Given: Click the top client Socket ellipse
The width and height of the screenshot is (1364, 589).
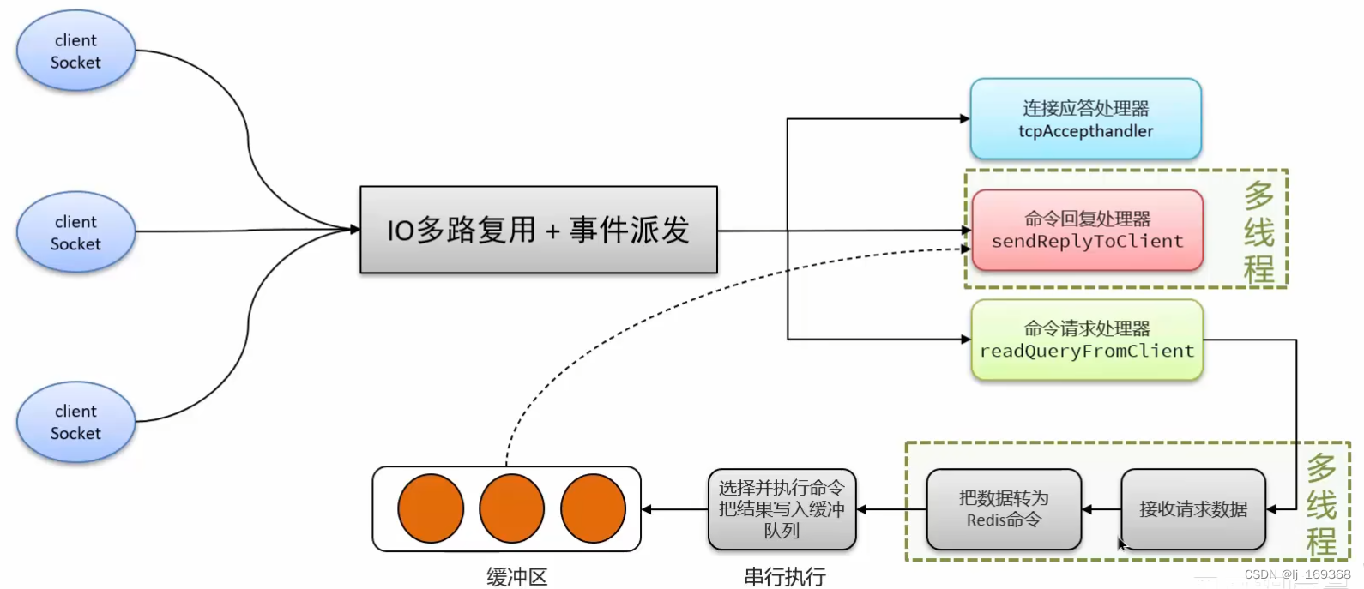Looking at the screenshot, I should [75, 51].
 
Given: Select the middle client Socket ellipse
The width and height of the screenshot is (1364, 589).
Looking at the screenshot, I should [75, 232].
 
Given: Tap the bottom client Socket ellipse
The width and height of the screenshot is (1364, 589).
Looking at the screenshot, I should [75, 422].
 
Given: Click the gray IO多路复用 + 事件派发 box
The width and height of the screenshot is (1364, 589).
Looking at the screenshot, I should [538, 230].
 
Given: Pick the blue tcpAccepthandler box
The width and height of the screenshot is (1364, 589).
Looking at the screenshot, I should [1085, 119].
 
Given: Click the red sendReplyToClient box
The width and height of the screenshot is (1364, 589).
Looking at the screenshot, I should [1087, 230].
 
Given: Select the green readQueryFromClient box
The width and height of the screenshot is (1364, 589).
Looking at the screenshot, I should [1087, 340].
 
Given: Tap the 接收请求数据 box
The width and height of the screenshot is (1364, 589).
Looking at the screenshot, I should [1192, 509].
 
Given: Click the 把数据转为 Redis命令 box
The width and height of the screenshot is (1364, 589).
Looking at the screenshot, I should [1004, 509].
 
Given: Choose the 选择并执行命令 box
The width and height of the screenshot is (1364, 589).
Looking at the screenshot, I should [782, 509].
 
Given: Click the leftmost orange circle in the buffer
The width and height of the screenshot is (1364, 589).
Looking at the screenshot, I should [431, 508].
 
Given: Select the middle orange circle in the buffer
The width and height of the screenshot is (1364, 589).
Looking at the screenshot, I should [511, 508].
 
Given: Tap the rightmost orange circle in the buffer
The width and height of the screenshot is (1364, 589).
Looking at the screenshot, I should [593, 508].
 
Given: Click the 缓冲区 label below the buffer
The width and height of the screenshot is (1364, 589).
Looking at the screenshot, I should [516, 577].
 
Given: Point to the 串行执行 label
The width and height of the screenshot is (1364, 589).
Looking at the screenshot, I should [784, 577].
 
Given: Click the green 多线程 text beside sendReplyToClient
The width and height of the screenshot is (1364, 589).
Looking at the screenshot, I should [1258, 231].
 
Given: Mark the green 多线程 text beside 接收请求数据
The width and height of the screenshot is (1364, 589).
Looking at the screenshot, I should [1321, 505].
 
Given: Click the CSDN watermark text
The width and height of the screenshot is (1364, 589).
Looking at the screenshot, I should [1297, 574].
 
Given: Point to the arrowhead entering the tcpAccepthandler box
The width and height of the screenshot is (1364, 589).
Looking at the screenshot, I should [965, 119].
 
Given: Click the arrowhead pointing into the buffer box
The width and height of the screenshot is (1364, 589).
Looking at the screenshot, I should [647, 509].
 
